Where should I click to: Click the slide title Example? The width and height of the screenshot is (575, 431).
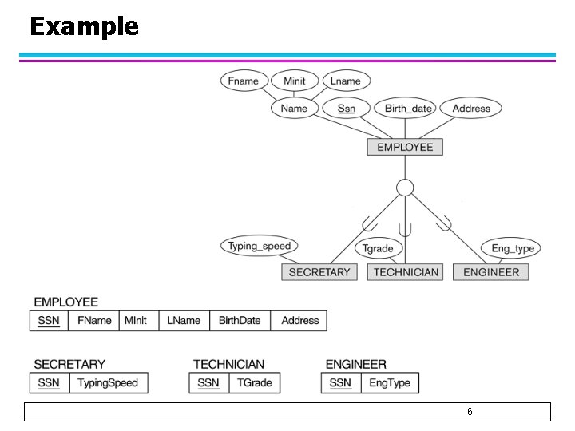point(84,27)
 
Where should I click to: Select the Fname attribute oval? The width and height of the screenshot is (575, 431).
point(243,81)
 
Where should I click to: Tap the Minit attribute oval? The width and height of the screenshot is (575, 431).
point(294,81)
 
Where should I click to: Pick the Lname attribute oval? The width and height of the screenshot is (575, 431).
point(345,81)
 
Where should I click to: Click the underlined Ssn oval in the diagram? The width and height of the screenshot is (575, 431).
point(347,109)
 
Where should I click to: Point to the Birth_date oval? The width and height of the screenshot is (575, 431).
point(408,109)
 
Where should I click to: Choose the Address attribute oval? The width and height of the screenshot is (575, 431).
point(471,109)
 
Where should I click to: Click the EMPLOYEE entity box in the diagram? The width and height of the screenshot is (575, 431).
point(405,147)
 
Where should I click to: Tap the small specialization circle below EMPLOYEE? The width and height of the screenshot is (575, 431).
point(405,188)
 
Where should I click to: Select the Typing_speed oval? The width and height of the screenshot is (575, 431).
point(259,246)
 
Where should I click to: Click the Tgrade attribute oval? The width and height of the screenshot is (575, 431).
point(378,248)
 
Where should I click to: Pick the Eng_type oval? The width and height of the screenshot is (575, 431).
point(512,248)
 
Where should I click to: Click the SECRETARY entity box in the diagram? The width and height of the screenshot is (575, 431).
point(319,272)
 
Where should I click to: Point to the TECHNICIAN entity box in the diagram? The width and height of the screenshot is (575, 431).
point(405,272)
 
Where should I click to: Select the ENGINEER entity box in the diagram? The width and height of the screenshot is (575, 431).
point(490,272)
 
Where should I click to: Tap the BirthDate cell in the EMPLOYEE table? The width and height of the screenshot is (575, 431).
point(240,321)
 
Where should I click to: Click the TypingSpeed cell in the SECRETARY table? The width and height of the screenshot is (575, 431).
point(108,383)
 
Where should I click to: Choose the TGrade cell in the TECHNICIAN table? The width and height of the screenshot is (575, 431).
point(255,383)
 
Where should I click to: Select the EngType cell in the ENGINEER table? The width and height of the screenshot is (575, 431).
point(389,383)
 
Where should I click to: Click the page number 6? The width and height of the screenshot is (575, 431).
point(470,412)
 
